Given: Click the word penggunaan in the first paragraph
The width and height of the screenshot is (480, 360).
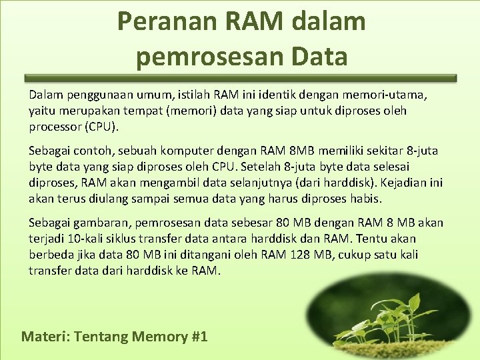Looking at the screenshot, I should [x=91, y=95].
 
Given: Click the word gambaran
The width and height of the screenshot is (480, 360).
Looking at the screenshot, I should [x=101, y=223].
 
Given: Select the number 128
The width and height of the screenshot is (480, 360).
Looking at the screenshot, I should [x=311, y=255].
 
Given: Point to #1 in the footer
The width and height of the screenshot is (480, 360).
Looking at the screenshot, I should [x=199, y=337].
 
